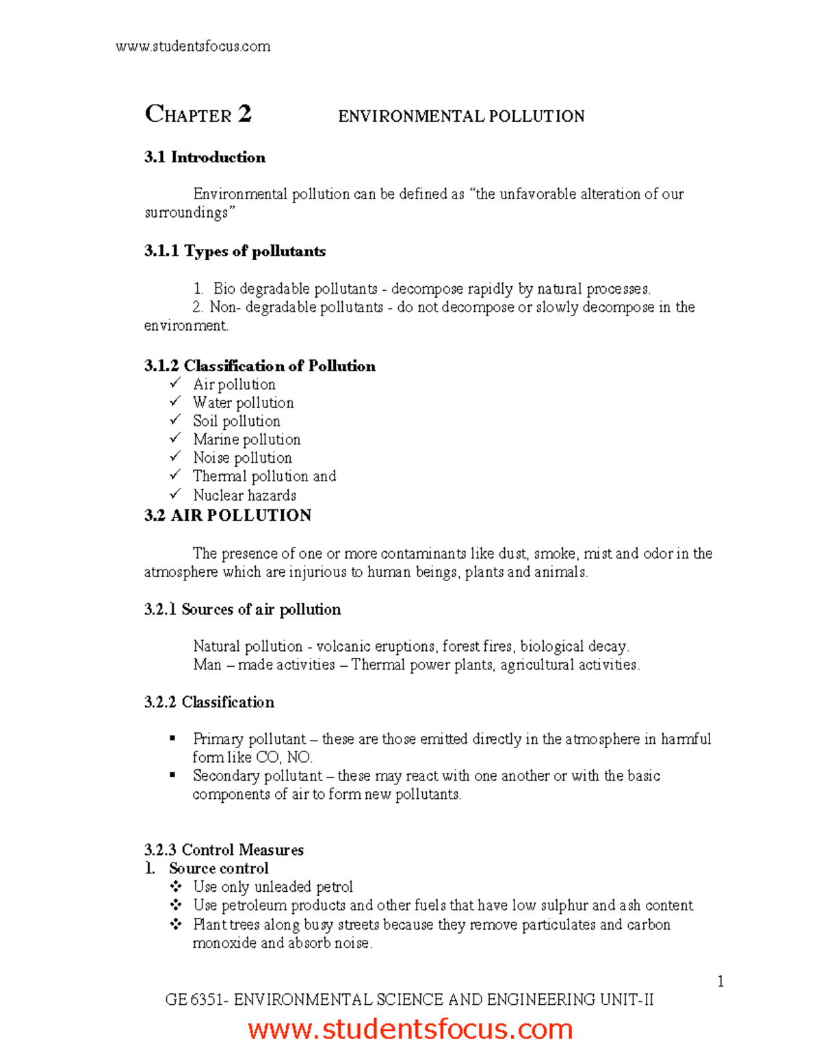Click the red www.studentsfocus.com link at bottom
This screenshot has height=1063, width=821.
(x=410, y=1029)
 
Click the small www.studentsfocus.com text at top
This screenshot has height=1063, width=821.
(x=193, y=47)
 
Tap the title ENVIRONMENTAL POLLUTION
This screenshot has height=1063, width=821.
(x=461, y=116)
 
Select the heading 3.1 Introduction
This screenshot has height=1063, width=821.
(x=205, y=157)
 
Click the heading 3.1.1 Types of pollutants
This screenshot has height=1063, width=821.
(x=235, y=251)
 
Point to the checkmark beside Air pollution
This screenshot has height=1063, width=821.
(x=175, y=383)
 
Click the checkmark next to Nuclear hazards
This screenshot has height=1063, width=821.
(x=175, y=494)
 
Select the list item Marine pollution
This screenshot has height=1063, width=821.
(x=246, y=439)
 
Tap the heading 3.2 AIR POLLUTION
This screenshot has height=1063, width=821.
(x=228, y=515)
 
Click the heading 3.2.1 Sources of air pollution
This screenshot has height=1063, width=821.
(x=242, y=609)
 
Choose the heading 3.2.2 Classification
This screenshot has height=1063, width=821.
(x=209, y=702)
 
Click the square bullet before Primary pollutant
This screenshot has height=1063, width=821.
(x=172, y=738)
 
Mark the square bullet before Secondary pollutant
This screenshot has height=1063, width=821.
(x=172, y=775)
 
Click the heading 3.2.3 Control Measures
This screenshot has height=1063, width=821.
(x=224, y=850)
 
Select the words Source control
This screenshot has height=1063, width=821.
(x=219, y=869)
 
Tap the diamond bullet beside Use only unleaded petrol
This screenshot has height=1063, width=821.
(x=176, y=886)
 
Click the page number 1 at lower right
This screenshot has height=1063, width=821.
(x=720, y=982)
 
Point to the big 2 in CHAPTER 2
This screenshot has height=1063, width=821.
(x=245, y=114)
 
